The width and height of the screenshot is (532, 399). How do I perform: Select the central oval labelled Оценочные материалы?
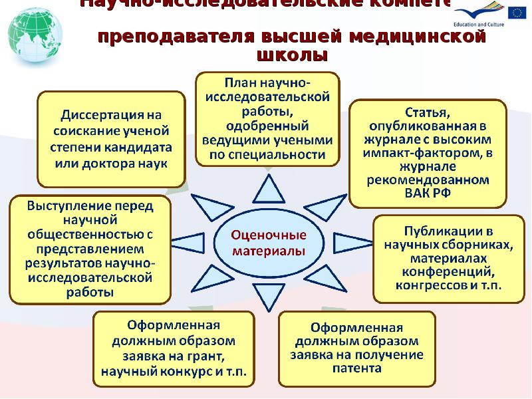[269, 243]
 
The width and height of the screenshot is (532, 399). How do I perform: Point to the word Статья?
[428, 110]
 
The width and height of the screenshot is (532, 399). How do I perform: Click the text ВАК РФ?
[428, 195]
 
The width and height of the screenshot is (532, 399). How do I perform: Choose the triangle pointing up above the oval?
[269, 191]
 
